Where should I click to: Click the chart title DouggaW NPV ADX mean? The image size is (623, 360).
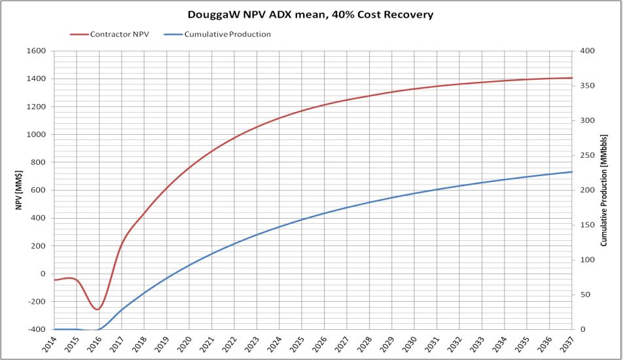pos(311,14)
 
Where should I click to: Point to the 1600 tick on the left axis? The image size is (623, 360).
pos(37,51)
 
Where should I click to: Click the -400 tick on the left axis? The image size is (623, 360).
pos(37,329)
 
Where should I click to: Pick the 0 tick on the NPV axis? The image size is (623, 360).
pos(43,274)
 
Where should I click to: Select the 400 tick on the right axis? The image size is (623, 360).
pos(583,51)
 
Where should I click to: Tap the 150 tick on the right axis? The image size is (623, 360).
pos(583,225)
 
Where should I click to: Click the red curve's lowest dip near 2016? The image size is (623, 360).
pos(98,309)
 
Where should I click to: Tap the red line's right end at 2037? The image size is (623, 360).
pos(572,78)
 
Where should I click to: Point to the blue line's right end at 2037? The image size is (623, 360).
pos(572,171)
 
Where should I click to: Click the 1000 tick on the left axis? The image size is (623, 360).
pos(37,134)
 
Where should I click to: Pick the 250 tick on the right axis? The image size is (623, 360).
pos(583,156)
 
